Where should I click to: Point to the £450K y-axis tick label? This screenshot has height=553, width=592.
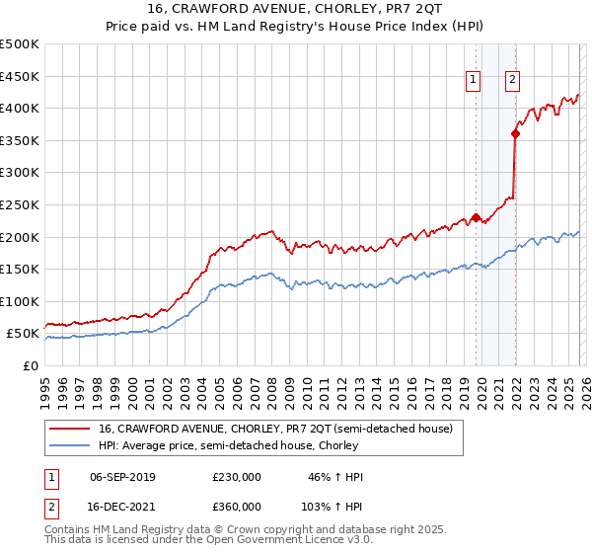tap(20, 76)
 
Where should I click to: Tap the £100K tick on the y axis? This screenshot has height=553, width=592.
tap(20, 301)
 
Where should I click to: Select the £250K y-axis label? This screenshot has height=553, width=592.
tap(20, 204)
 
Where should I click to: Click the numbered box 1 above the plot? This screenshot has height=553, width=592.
tap(474, 81)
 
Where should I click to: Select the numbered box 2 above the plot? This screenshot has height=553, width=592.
tap(513, 81)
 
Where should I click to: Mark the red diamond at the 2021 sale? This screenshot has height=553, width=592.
tap(515, 133)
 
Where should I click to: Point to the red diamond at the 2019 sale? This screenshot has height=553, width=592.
tap(476, 217)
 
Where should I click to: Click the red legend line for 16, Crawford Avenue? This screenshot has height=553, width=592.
tap(69, 429)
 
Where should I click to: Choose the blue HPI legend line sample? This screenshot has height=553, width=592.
tap(69, 445)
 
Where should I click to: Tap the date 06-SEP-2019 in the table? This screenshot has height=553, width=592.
tap(121, 477)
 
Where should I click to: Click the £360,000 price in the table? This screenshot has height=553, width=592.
tap(237, 506)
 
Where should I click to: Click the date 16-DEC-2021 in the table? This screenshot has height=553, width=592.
tap(121, 506)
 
